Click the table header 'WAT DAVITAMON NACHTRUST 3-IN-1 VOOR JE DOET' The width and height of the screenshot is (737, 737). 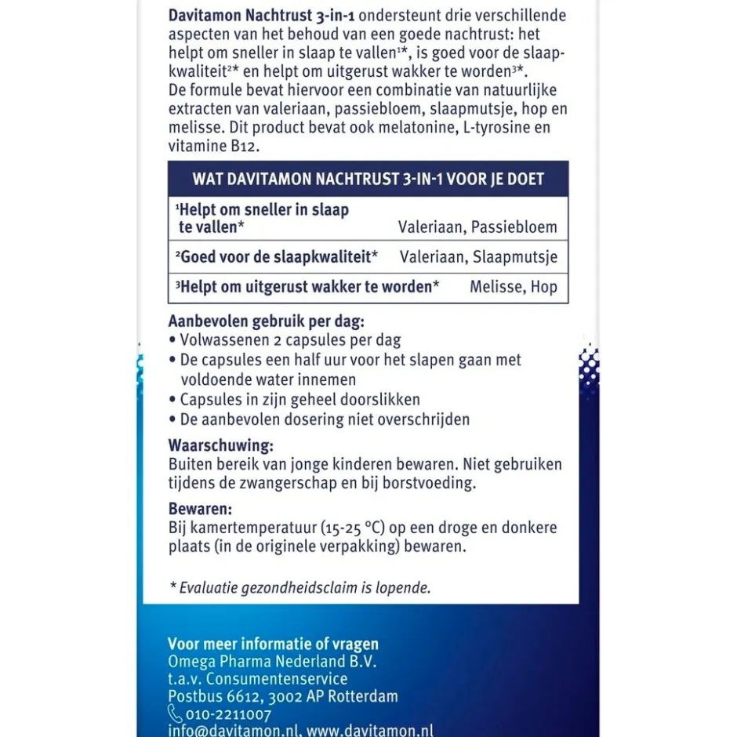tap(368, 179)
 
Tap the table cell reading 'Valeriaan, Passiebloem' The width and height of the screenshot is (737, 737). tap(477, 227)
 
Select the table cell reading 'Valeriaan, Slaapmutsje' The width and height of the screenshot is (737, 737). tap(478, 257)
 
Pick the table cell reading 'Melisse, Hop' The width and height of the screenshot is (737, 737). tap(514, 287)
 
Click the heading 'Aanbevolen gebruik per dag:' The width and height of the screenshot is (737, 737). tap(267, 321)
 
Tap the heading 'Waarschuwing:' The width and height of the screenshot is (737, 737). tap(221, 445)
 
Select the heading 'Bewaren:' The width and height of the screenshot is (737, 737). tap(201, 508)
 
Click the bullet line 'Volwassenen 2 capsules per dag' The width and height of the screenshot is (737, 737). tap(290, 340)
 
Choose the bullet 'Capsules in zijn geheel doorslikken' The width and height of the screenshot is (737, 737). tap(300, 400)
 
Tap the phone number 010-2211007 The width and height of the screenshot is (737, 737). tap(228, 714)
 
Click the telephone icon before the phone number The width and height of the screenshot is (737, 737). tap(175, 714)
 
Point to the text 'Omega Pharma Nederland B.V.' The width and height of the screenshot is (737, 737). tap(273, 662)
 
